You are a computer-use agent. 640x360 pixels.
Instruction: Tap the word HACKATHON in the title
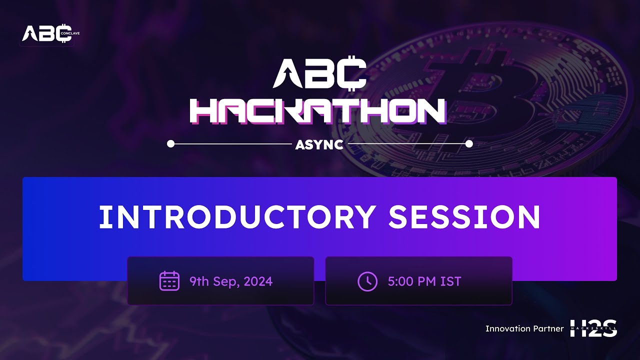click(x=317, y=111)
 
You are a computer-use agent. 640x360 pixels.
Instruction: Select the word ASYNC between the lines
click(x=319, y=144)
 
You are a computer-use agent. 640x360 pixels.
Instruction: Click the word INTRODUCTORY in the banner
click(x=237, y=217)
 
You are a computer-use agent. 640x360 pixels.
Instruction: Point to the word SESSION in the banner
click(x=464, y=217)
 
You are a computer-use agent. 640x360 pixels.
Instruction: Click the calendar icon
click(x=169, y=281)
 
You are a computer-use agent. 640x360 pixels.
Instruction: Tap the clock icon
click(x=367, y=281)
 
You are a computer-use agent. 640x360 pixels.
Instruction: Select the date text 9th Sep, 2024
click(x=231, y=281)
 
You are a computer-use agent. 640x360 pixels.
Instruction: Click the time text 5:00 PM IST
click(x=424, y=281)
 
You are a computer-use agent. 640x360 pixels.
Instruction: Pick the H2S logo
click(x=594, y=328)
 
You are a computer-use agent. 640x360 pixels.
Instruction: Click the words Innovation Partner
click(x=524, y=328)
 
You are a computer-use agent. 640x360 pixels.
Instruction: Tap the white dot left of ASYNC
click(x=170, y=144)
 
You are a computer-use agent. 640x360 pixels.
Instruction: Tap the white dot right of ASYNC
click(x=469, y=144)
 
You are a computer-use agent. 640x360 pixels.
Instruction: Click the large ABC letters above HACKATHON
click(x=320, y=74)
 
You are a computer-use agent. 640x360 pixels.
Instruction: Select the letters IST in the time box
click(x=450, y=281)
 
